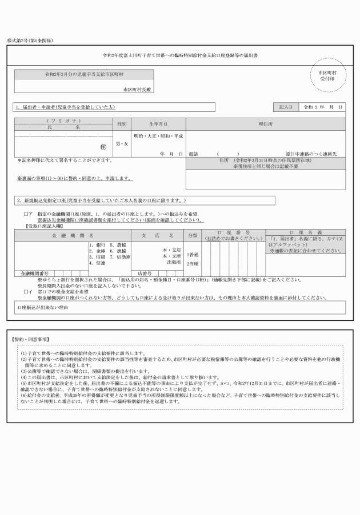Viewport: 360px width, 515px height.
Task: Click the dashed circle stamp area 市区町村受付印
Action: click(328, 77)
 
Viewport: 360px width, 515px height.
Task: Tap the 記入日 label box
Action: click(286, 107)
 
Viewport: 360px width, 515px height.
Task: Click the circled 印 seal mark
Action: click(103, 147)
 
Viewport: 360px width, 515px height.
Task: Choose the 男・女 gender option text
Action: click(122, 143)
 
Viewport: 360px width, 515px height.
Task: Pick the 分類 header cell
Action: click(193, 235)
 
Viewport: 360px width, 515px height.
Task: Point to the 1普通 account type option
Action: click(193, 254)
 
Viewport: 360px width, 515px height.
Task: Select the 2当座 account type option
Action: click(193, 264)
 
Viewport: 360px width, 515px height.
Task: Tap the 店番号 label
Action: click(144, 273)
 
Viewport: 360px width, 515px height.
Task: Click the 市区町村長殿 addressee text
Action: click(137, 90)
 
